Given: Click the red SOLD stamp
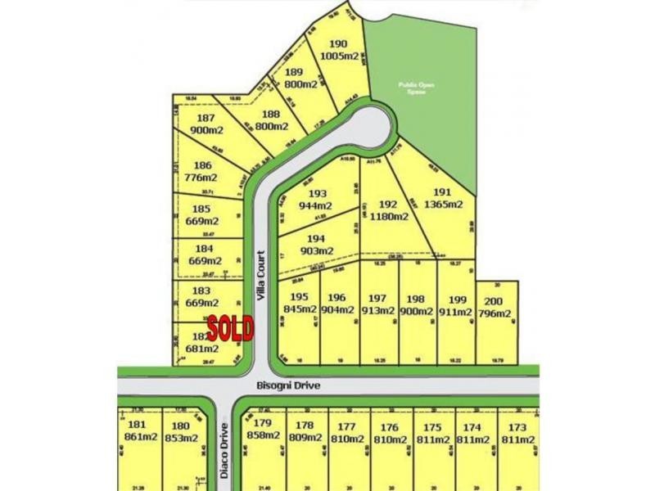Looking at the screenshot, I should [x=230, y=328].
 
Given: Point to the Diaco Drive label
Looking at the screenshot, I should [x=224, y=449].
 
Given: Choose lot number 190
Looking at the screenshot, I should [x=338, y=44].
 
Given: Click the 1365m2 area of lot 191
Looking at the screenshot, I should [x=445, y=205].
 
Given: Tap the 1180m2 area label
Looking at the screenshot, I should [x=389, y=217].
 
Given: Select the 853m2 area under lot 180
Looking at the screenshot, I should [x=181, y=437].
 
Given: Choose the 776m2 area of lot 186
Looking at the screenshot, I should [x=201, y=177].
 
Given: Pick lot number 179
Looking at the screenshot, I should [x=262, y=423].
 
